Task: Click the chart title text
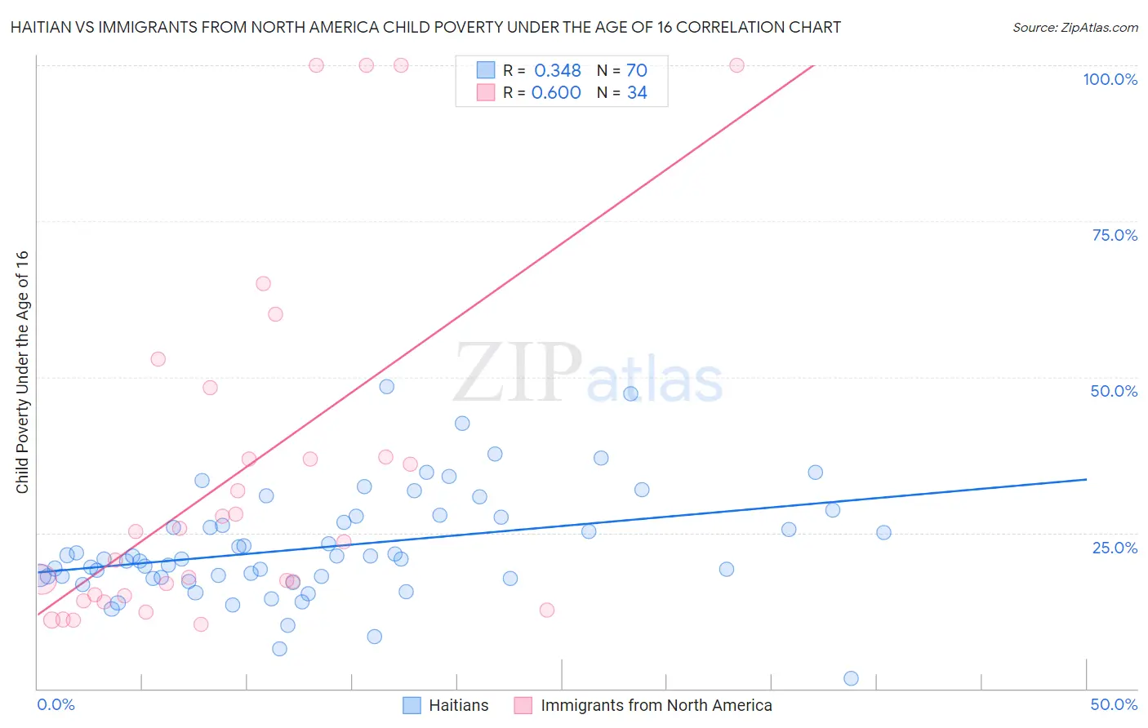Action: click(x=425, y=28)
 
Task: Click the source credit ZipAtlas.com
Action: click(x=1075, y=28)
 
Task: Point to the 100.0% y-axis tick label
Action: click(x=1110, y=79)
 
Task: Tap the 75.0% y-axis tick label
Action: click(x=1115, y=235)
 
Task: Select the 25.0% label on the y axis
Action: click(x=1115, y=548)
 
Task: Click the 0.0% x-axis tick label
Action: click(x=56, y=704)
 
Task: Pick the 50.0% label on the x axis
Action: click(x=1114, y=704)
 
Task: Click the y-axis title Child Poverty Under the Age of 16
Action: click(x=23, y=371)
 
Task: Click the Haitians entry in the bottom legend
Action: click(x=458, y=705)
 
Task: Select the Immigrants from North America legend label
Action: click(x=656, y=705)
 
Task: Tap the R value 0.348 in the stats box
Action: click(x=557, y=71)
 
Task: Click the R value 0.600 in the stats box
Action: click(x=556, y=93)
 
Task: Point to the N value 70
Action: click(x=637, y=71)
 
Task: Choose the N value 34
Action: click(x=637, y=93)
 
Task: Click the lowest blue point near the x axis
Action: click(x=851, y=678)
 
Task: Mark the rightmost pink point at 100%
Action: click(x=736, y=65)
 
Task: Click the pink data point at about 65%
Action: click(x=263, y=284)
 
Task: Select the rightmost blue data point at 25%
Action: click(x=883, y=532)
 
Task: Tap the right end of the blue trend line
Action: click(x=1086, y=479)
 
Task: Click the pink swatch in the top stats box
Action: click(x=486, y=92)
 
